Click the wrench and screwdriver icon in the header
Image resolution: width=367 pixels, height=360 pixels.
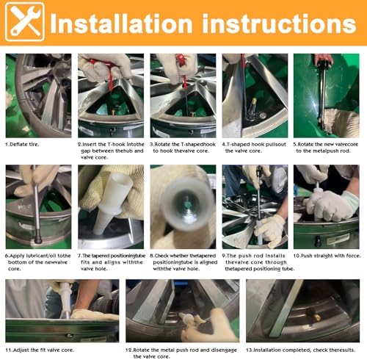25,22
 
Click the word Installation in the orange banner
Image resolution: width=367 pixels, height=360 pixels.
121,24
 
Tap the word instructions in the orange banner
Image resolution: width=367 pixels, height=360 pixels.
279,24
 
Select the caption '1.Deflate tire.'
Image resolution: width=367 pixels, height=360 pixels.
22,145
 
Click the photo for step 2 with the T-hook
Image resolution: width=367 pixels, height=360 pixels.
111,96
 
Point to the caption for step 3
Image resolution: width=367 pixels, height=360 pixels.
183,148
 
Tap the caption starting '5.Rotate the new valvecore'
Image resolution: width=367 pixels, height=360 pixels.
326,148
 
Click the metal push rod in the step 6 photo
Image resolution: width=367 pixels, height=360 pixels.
37,211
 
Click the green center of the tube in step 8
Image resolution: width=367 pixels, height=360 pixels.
188,205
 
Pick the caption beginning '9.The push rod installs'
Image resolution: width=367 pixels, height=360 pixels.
258,262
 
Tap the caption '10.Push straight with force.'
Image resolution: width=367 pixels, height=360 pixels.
327,256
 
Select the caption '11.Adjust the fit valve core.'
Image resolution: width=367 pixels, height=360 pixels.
40,350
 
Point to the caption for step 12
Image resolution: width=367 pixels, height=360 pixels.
181,353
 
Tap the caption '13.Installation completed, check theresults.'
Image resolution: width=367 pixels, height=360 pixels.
300,350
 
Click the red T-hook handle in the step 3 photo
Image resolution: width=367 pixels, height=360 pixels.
181,60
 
